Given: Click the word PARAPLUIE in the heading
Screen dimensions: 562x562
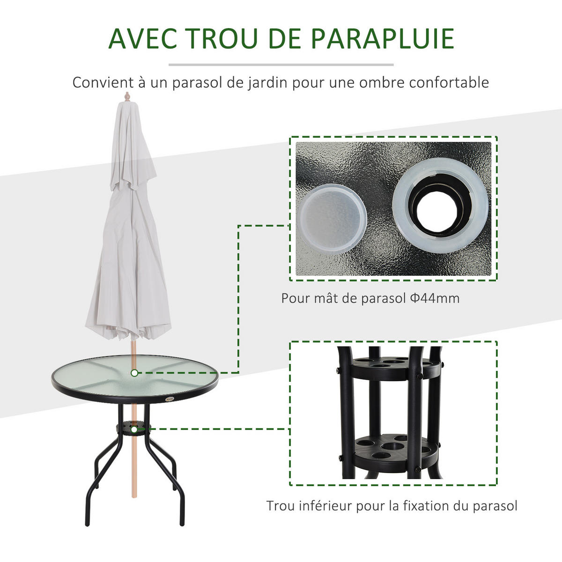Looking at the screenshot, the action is click(382, 38).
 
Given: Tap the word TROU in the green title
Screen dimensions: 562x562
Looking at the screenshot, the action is click(222, 38).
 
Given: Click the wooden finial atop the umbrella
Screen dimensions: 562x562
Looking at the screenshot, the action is click(127, 97).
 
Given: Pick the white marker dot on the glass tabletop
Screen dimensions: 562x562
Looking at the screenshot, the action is click(134, 373).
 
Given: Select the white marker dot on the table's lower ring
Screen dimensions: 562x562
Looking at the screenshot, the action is click(134, 429).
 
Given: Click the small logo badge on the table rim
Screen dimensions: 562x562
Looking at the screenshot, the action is click(170, 399).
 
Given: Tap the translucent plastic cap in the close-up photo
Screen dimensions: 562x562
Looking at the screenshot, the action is click(332, 218).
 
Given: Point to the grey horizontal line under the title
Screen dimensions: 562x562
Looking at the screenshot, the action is click(281, 65).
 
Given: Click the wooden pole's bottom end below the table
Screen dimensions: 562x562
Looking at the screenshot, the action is click(134, 496).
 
